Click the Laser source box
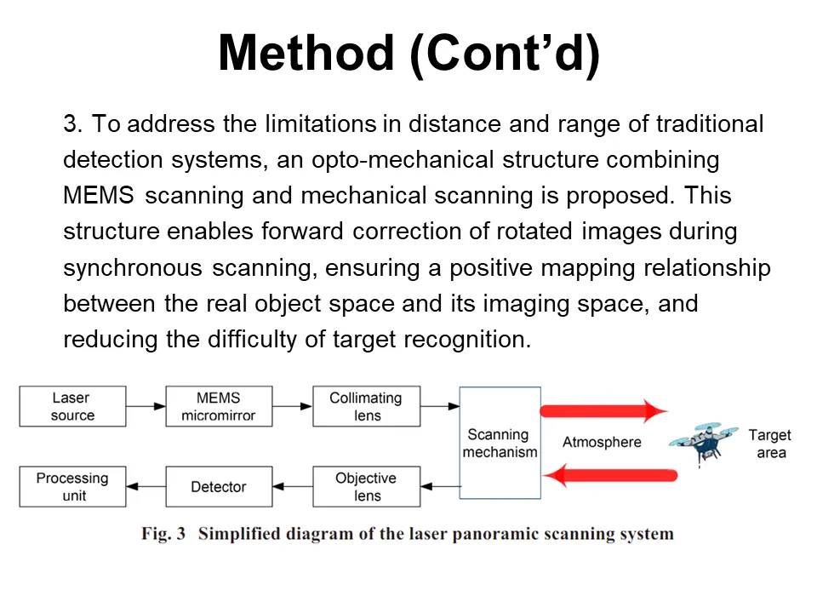click(x=72, y=407)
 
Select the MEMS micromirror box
click(x=219, y=407)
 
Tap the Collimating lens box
click(x=366, y=407)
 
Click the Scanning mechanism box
click(x=500, y=443)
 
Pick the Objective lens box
click(x=366, y=487)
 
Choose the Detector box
click(x=219, y=487)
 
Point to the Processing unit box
click(x=72, y=487)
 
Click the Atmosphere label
click(x=602, y=443)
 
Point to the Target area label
click(x=769, y=444)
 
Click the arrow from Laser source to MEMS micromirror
click(x=146, y=407)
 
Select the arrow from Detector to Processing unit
click(x=146, y=487)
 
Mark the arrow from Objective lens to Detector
click(x=293, y=487)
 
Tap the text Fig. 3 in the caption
click(x=163, y=535)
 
